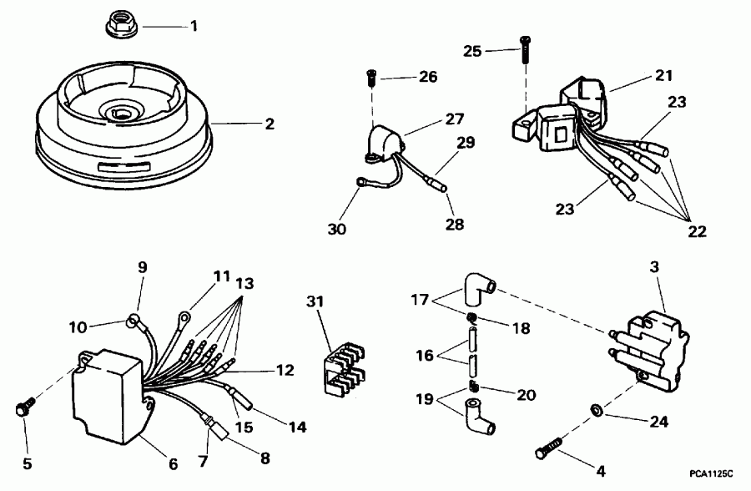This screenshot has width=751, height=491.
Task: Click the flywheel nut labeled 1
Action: pos(123,27)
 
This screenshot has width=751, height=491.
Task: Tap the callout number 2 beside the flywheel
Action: pos(269,125)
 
